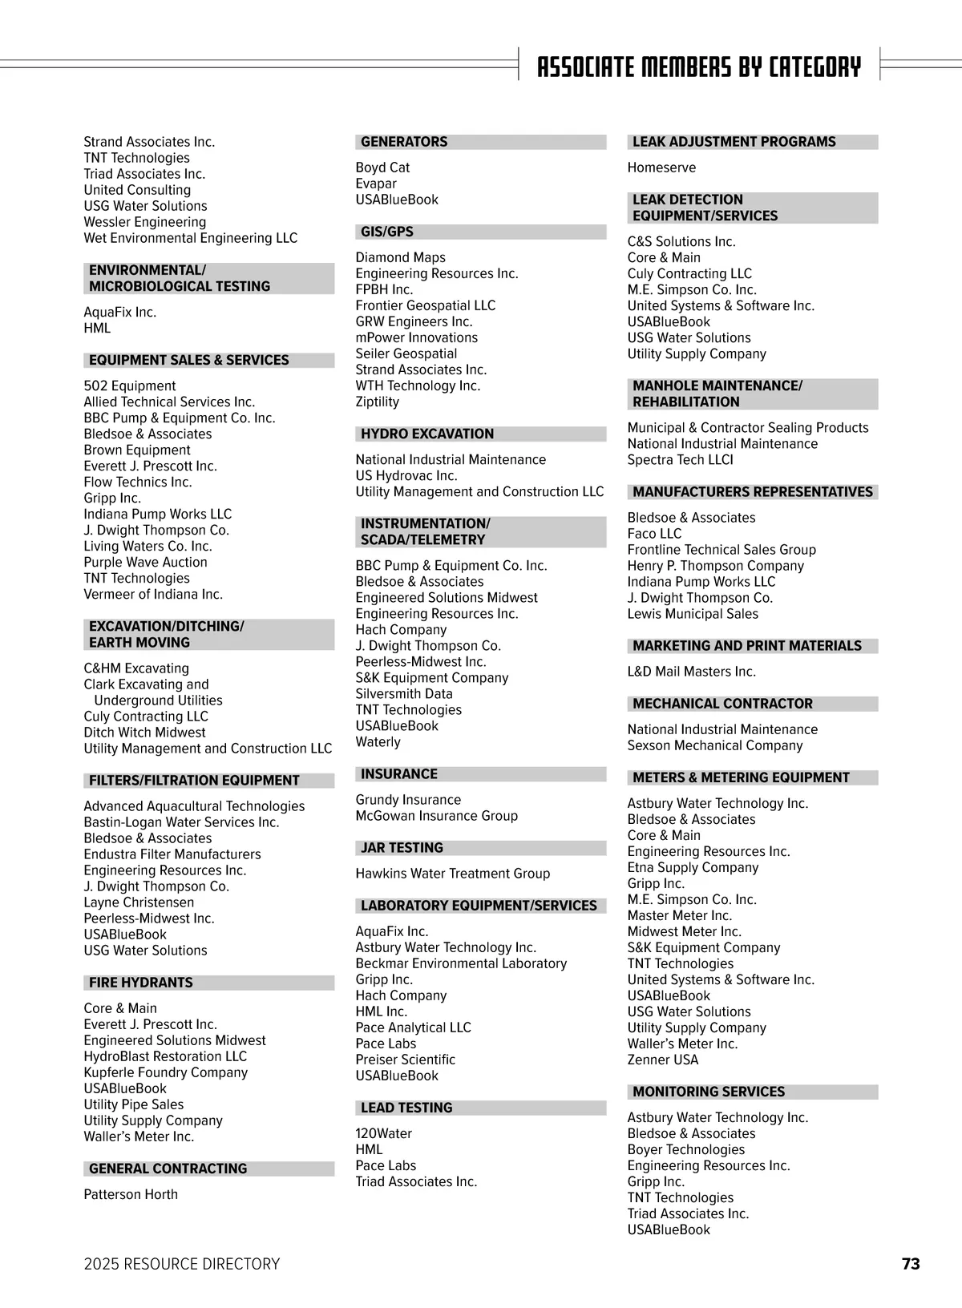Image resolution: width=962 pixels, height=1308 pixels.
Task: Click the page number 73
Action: click(911, 1264)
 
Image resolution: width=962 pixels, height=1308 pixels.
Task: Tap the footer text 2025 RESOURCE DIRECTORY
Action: click(182, 1264)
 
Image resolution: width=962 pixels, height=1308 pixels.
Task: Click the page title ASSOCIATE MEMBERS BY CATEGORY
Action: click(698, 67)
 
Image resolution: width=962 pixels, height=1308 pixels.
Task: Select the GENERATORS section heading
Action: click(404, 142)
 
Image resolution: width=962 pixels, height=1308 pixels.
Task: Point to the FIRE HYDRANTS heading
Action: click(141, 983)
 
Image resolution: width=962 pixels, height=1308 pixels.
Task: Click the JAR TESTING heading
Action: click(402, 848)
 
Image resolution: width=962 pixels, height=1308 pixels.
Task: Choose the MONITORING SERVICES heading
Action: click(709, 1092)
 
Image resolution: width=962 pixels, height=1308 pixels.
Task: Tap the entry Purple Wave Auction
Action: click(145, 563)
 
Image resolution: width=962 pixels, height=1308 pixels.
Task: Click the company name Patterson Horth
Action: click(131, 1194)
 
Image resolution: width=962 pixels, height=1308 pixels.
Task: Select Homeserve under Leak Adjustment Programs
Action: click(661, 168)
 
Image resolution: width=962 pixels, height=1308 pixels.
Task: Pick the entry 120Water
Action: click(383, 1133)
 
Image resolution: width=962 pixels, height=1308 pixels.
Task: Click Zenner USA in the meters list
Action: click(663, 1060)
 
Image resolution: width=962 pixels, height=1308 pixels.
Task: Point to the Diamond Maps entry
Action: click(400, 257)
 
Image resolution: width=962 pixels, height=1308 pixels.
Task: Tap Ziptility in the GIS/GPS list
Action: click(377, 402)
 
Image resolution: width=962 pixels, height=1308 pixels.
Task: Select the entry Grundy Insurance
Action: click(408, 800)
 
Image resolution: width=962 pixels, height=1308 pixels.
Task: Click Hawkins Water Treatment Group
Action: click(452, 874)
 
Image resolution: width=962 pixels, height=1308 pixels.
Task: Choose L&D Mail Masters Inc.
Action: click(691, 672)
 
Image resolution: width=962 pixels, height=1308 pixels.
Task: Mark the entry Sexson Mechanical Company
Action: click(714, 745)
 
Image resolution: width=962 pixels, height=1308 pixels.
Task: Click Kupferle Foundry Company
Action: click(165, 1072)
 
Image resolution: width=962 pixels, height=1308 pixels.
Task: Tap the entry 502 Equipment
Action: click(129, 386)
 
